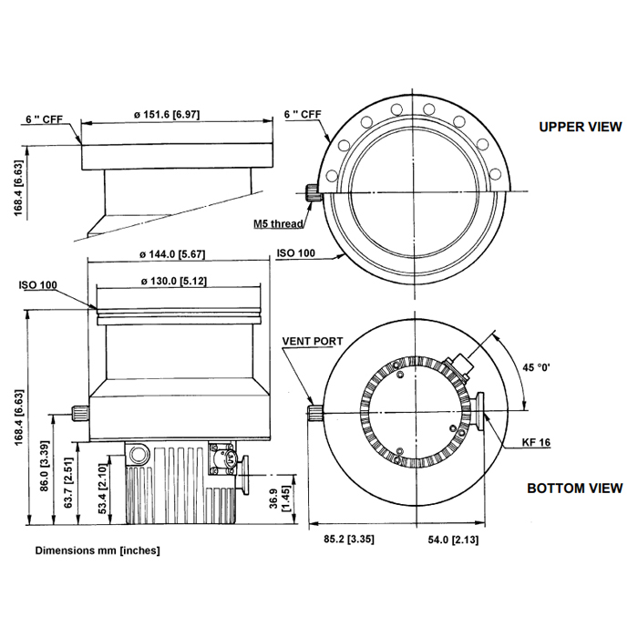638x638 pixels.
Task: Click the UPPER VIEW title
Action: (x=581, y=127)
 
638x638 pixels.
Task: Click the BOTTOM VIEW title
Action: (x=574, y=488)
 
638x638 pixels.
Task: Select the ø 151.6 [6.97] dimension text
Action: (x=167, y=114)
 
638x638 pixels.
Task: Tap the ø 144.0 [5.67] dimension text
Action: (x=172, y=254)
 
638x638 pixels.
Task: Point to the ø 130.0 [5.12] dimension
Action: (x=174, y=281)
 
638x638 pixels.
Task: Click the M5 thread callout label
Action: (x=278, y=223)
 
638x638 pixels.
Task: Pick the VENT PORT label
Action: (x=313, y=341)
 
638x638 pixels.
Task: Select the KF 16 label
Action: (x=536, y=442)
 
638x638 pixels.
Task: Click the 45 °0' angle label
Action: (x=536, y=367)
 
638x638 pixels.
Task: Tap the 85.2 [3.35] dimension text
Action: (x=349, y=540)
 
